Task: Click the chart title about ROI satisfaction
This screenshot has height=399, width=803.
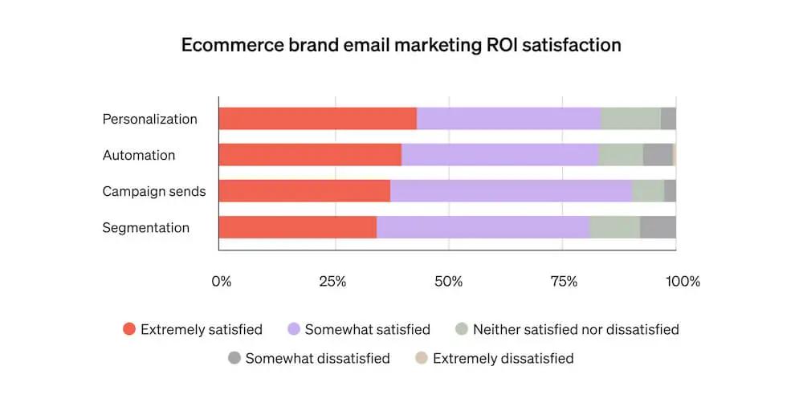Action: [x=401, y=45]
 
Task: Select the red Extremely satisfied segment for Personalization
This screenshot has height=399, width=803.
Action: [x=317, y=119]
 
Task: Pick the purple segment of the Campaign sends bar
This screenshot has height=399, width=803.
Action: [x=511, y=191]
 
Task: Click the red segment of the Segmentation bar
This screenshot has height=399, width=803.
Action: [x=297, y=227]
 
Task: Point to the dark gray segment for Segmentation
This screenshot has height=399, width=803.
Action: [x=658, y=227]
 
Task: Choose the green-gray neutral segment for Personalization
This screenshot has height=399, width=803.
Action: [x=630, y=119]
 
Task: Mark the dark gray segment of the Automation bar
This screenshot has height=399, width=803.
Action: [x=658, y=155]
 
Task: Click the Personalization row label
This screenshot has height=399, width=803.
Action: [x=149, y=119]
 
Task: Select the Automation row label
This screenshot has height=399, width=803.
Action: [x=139, y=155]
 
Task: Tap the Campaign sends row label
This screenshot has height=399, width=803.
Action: [x=154, y=191]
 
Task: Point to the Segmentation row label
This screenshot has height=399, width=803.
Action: [x=146, y=227]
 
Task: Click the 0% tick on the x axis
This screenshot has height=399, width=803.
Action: [x=221, y=281]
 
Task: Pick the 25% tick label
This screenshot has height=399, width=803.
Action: [x=332, y=281]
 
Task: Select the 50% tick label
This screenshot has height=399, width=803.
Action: [x=448, y=281]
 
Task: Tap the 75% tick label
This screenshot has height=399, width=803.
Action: [x=564, y=281]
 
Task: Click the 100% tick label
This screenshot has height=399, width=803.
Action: [x=683, y=281]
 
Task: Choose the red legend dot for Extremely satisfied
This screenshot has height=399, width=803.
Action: [x=128, y=329]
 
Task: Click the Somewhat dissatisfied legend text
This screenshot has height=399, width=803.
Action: [x=317, y=358]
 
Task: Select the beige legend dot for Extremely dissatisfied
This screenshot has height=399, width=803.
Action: [x=421, y=358]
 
